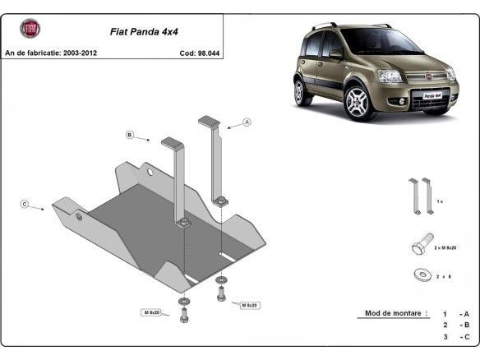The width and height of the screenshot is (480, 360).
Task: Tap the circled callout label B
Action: click(129, 134)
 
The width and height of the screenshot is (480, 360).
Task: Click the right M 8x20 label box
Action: click(249, 305)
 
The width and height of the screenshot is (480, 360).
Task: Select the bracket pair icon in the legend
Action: click(422, 196)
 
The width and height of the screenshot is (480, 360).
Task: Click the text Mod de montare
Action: click(392, 313)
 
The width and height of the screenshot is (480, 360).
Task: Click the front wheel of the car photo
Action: click(358, 103)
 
